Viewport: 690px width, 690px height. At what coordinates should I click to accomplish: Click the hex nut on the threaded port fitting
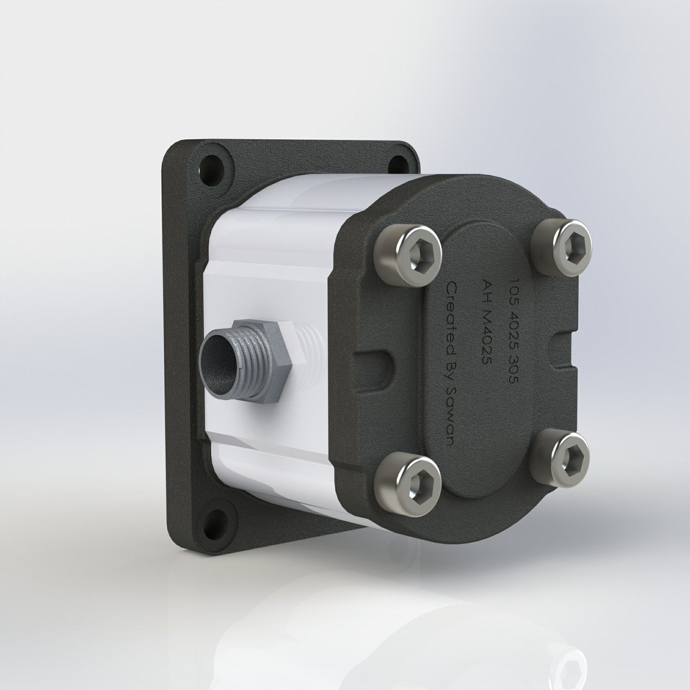pyautogui.click(x=266, y=361)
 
